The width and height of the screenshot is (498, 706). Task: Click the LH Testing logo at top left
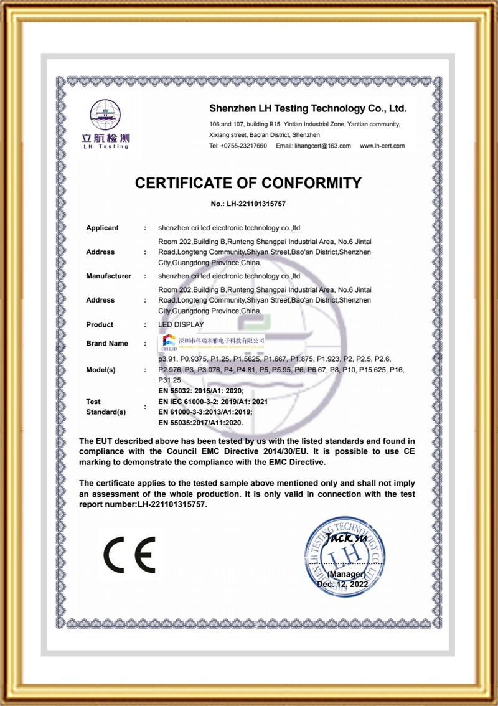coord(106,124)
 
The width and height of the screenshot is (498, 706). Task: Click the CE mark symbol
coord(129,553)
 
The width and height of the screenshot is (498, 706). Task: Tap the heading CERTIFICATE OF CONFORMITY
coord(248,183)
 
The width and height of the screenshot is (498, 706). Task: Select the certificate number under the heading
coord(248,204)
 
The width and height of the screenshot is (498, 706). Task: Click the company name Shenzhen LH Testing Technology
coord(308,108)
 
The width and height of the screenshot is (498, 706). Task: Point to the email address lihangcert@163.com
coord(314,146)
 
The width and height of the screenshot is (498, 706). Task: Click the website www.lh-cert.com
coord(382,146)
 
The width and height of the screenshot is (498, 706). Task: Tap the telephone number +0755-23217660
coord(238,146)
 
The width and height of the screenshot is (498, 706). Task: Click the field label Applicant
coord(102,228)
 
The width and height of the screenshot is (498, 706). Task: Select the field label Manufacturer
coord(108,276)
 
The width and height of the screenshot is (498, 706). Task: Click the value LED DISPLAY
coord(181,324)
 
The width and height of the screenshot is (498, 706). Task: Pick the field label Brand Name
coord(107,343)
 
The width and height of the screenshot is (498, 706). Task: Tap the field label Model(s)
coord(101,370)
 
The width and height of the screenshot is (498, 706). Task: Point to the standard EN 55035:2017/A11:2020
coord(200,423)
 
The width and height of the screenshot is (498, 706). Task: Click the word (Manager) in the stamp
coord(346,573)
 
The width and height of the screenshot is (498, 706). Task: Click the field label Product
coord(100,324)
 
